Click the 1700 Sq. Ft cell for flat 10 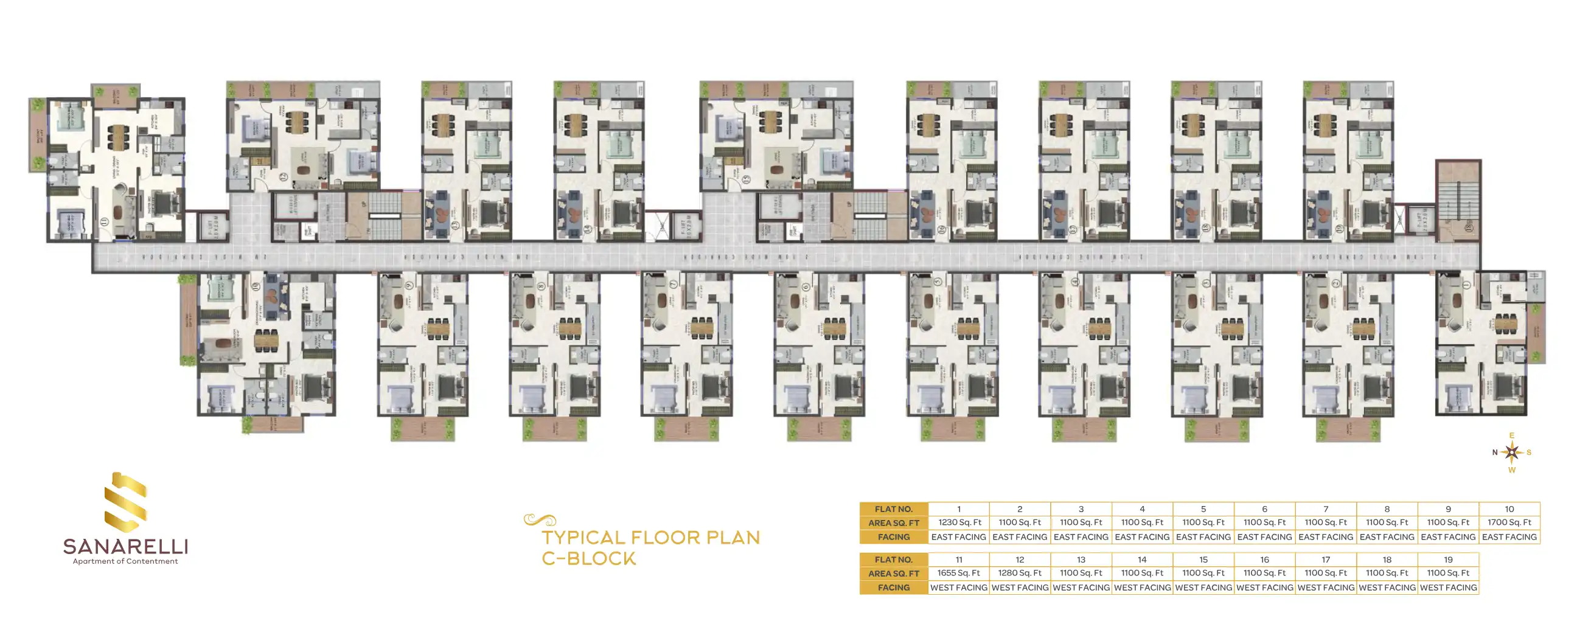[x=1509, y=522]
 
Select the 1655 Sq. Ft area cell [x=958, y=574]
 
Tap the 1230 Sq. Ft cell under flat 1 [x=959, y=522]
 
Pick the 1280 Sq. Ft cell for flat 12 [x=1019, y=574]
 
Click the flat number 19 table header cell [x=1448, y=560]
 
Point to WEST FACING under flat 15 [x=1203, y=588]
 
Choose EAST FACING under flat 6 [x=1264, y=537]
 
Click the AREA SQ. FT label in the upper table [x=893, y=523]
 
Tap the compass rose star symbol [x=1511, y=452]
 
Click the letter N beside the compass [x=1494, y=452]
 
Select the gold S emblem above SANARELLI [x=125, y=502]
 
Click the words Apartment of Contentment [x=125, y=561]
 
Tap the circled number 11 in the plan [x=105, y=222]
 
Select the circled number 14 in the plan [x=587, y=229]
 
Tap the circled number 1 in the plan [x=1466, y=285]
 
